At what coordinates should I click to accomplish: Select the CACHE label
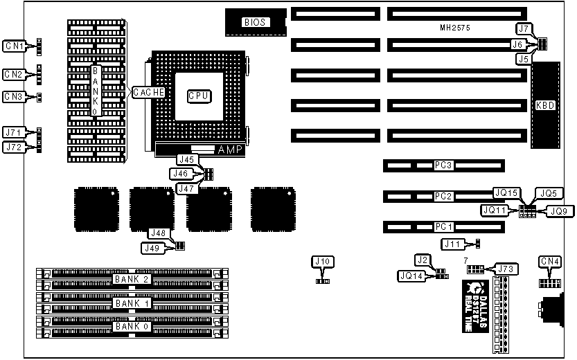[x=149, y=92]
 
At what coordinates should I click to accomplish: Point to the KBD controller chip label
[x=546, y=106]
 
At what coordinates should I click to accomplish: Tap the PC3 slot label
[x=443, y=165]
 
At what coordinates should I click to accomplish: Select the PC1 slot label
[x=443, y=226]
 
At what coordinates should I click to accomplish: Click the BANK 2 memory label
[x=133, y=279]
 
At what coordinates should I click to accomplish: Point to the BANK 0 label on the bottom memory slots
[x=133, y=326]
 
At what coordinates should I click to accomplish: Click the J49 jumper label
[x=153, y=246]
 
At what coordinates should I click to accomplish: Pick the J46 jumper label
[x=181, y=173]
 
